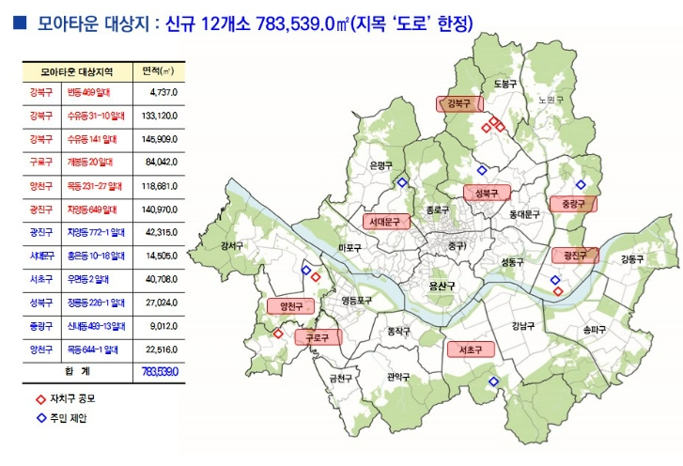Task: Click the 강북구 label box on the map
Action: tap(458, 104)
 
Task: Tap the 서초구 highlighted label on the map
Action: tap(470, 349)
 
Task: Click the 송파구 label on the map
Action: tap(595, 330)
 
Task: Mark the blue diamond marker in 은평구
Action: tap(402, 182)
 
